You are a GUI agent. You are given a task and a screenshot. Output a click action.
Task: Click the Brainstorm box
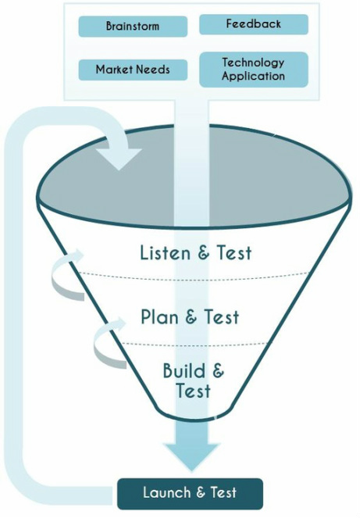click(133, 27)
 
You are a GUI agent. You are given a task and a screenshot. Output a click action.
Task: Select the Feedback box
click(254, 24)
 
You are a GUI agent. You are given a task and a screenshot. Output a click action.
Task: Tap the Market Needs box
click(133, 70)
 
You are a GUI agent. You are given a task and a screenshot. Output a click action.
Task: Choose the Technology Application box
click(254, 70)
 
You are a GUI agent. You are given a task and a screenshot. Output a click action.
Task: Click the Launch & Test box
click(191, 494)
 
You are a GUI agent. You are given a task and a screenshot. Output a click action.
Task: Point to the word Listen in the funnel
click(165, 252)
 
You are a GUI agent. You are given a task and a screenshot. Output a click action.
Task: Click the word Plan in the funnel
click(160, 316)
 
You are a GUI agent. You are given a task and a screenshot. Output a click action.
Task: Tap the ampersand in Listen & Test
click(204, 253)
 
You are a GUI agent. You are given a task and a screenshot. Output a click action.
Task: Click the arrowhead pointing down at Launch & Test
click(191, 456)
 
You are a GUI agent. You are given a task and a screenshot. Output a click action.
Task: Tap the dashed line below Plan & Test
click(195, 345)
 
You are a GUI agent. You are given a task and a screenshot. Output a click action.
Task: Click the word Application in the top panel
click(253, 77)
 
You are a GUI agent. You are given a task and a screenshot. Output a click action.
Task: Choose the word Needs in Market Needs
click(153, 70)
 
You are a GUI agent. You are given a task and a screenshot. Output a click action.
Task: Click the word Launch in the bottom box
click(167, 493)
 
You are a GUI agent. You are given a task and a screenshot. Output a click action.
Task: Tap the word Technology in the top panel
click(253, 63)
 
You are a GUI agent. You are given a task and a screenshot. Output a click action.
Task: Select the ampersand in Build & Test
click(218, 370)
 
